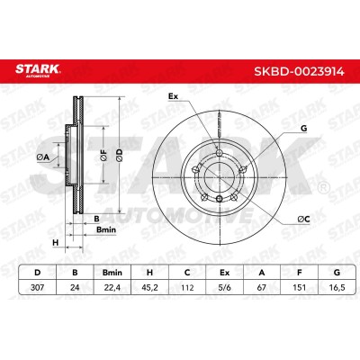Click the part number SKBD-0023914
point(299,71)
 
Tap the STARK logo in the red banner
point(38,70)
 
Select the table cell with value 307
point(38,287)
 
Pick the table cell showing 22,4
point(112,287)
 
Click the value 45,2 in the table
point(149,287)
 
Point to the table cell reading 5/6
point(224,287)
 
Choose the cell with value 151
point(299,287)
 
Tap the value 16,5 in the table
point(337,287)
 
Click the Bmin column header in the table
point(112,273)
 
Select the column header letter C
point(187,273)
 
